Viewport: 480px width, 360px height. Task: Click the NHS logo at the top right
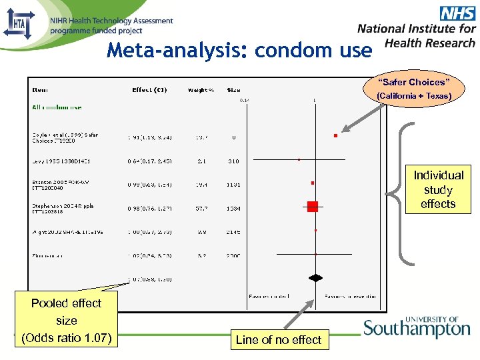tap(457, 13)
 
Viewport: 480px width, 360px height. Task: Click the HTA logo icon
tap(19, 24)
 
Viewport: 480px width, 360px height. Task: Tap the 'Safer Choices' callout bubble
tap(414, 89)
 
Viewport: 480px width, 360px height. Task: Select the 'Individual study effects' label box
tap(438, 189)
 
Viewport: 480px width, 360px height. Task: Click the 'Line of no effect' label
tap(278, 340)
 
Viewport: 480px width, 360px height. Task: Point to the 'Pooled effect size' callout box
tap(66, 320)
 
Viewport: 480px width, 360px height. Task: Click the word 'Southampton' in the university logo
tap(417, 329)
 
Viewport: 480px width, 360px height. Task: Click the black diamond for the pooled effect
tap(315, 277)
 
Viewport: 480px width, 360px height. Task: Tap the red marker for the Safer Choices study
tap(335, 136)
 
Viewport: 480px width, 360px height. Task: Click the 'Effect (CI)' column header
tap(149, 90)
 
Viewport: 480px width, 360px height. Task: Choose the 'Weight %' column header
tap(201, 90)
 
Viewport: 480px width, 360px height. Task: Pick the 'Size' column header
tap(233, 90)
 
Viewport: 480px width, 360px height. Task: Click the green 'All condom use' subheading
tap(57, 107)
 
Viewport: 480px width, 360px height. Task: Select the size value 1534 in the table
tap(233, 209)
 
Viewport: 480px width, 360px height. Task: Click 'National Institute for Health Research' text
tap(417, 35)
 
